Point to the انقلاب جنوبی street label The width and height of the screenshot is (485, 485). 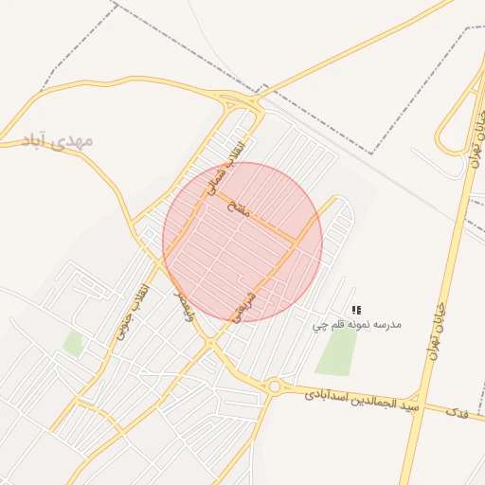pos(133,312)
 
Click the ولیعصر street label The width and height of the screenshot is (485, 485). pos(180,305)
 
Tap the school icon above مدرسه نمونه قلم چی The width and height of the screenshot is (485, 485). pos(356,310)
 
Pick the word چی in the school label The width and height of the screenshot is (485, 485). pos(320,326)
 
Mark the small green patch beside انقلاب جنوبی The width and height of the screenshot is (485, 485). pos(73,342)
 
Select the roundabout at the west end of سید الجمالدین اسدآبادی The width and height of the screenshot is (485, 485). pos(275,386)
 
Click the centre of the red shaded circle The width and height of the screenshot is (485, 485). pos(242,242)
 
